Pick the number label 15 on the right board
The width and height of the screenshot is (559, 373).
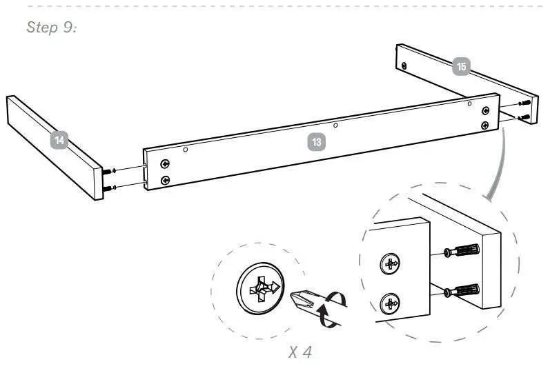(x=461, y=67)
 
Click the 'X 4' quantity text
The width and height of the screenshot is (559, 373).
(x=300, y=352)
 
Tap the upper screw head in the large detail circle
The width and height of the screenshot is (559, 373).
(x=391, y=263)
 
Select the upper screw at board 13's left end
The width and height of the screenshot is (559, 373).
(x=165, y=163)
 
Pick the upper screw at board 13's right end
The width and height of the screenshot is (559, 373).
(x=485, y=111)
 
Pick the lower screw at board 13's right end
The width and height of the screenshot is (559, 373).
(x=485, y=125)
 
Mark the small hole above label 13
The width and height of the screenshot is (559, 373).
(x=335, y=125)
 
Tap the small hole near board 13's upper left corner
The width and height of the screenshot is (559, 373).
(x=186, y=148)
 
